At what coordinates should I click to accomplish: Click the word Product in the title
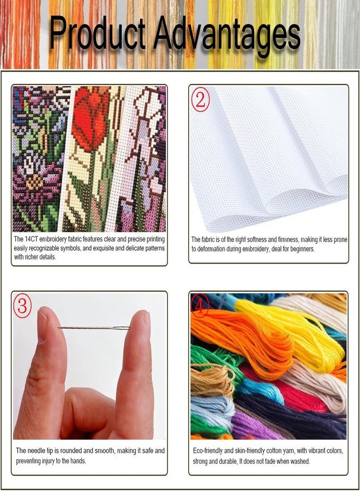point(98,33)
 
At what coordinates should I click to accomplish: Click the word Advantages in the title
point(226,35)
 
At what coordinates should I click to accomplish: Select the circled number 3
point(22,306)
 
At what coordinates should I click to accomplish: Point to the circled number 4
point(200,305)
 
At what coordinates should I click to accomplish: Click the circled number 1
point(21,98)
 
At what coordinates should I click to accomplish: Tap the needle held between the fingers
point(94,328)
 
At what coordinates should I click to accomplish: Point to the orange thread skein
point(241,338)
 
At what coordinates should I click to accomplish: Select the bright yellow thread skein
point(291,332)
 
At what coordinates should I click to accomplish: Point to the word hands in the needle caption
point(77,461)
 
